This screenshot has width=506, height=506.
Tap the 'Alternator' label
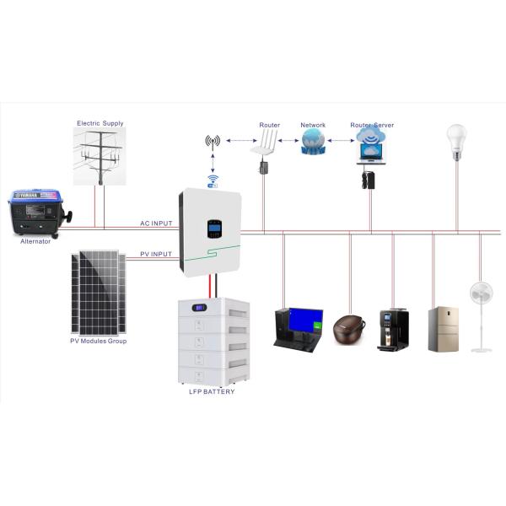(x=35, y=242)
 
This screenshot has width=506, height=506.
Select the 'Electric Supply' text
(x=100, y=123)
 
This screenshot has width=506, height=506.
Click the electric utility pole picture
(x=100, y=157)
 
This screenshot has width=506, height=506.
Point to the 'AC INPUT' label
(x=156, y=223)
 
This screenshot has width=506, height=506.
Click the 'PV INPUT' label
(x=156, y=253)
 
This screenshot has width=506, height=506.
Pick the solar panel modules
(x=98, y=291)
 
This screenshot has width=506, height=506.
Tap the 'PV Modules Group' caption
(x=98, y=341)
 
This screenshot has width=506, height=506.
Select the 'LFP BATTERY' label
(x=212, y=392)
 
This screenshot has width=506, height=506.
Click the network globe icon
(x=313, y=141)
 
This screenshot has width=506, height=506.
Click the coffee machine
(x=392, y=329)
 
